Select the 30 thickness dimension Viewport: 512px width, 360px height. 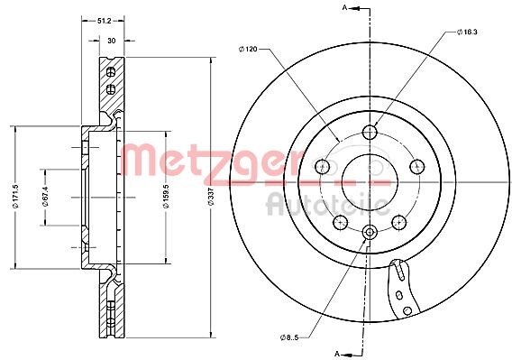111,40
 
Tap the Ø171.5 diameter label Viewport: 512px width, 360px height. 15,197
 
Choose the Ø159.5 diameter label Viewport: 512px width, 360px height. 167,197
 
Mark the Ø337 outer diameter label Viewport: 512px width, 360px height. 209,197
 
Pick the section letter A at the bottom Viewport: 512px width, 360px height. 336,353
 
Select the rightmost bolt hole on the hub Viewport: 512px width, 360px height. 416,166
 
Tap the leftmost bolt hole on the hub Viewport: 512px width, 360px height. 321,166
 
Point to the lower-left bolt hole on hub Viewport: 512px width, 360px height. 340,222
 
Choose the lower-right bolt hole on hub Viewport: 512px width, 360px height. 398,222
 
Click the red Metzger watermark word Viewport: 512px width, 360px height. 207,161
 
